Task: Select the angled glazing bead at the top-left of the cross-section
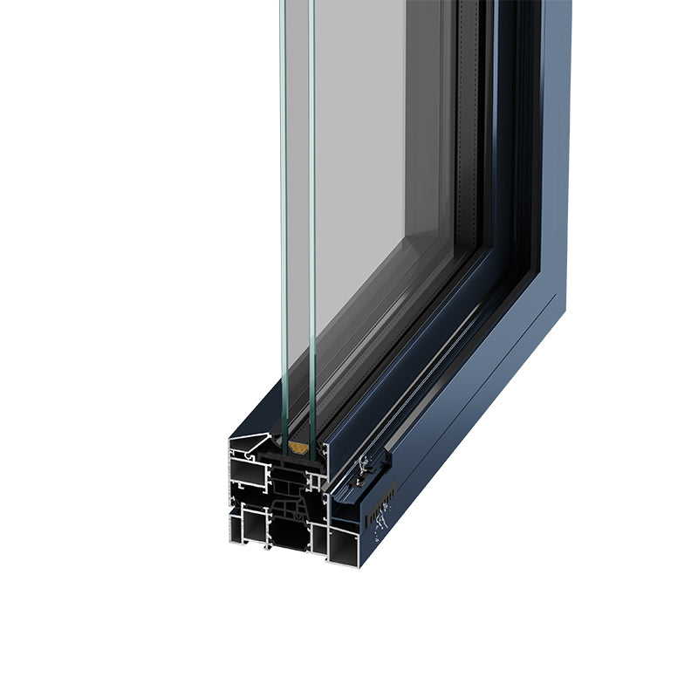click(x=254, y=445)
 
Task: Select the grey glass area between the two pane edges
click(x=298, y=218)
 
